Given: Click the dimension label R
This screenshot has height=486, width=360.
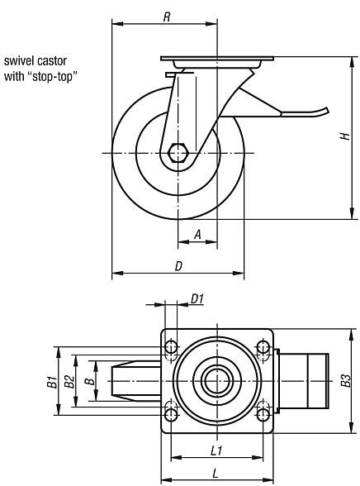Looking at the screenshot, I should [x=167, y=16].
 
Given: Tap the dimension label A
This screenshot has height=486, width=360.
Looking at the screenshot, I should [x=197, y=235].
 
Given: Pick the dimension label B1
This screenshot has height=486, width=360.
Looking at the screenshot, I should [x=50, y=382].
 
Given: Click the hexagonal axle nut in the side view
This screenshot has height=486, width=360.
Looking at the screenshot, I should [x=178, y=153].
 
